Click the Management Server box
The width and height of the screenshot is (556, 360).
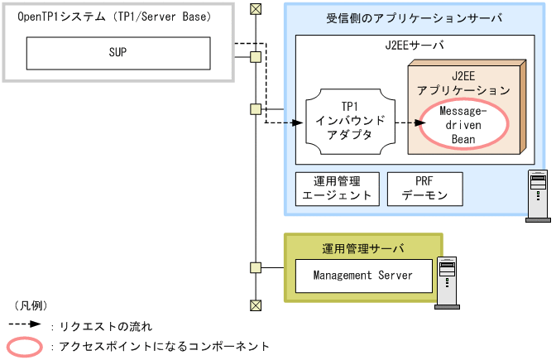(x=362, y=275)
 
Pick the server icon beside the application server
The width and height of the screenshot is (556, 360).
(x=538, y=195)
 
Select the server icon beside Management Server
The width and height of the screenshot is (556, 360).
(x=448, y=282)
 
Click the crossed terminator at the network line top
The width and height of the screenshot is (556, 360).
(x=256, y=9)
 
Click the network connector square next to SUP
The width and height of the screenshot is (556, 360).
(x=256, y=57)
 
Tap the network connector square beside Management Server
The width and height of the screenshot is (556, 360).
(x=256, y=267)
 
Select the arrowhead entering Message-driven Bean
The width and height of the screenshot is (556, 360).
(x=411, y=122)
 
